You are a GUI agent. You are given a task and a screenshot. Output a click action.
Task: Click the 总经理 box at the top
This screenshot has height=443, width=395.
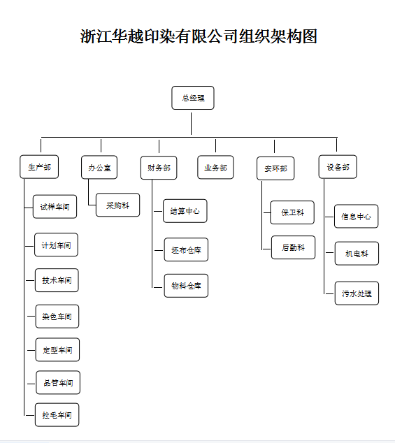click(193, 98)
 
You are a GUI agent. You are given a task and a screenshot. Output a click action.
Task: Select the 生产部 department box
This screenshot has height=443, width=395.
click(39, 167)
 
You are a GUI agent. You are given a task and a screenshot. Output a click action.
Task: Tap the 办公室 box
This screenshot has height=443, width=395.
click(99, 167)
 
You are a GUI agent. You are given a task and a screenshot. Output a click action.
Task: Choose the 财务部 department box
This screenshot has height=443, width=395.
click(159, 168)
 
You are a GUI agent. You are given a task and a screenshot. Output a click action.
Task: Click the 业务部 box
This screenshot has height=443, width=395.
click(215, 167)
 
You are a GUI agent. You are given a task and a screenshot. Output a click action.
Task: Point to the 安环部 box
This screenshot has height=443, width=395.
click(275, 168)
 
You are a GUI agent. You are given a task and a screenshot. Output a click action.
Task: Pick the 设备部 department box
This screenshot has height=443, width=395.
click(338, 167)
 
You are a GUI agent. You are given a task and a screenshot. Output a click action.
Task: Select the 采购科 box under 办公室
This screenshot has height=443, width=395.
click(118, 205)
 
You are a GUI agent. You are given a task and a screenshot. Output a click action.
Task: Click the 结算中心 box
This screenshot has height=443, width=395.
click(185, 211)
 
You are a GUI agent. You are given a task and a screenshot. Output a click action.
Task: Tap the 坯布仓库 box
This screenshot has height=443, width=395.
click(187, 249)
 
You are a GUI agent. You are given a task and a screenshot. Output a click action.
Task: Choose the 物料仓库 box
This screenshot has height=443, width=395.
click(187, 286)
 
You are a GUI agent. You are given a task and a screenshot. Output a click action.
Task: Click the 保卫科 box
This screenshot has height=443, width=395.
click(292, 212)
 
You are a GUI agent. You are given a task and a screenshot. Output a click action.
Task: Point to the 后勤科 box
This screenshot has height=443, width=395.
click(293, 247)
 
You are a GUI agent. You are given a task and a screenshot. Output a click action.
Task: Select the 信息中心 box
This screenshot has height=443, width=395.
click(357, 217)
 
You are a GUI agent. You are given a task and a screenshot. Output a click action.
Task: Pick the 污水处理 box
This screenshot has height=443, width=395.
click(357, 293)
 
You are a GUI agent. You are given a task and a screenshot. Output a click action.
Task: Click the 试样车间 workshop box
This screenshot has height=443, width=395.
click(55, 207)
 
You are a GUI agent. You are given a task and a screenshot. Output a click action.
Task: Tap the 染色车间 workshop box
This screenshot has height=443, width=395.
click(57, 317)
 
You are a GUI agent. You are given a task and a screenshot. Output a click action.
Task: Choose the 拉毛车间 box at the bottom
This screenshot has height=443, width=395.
click(57, 415)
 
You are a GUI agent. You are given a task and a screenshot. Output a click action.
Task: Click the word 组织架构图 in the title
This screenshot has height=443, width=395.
click(278, 36)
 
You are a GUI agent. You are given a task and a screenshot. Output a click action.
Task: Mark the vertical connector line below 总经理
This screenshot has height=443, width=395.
click(191, 124)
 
